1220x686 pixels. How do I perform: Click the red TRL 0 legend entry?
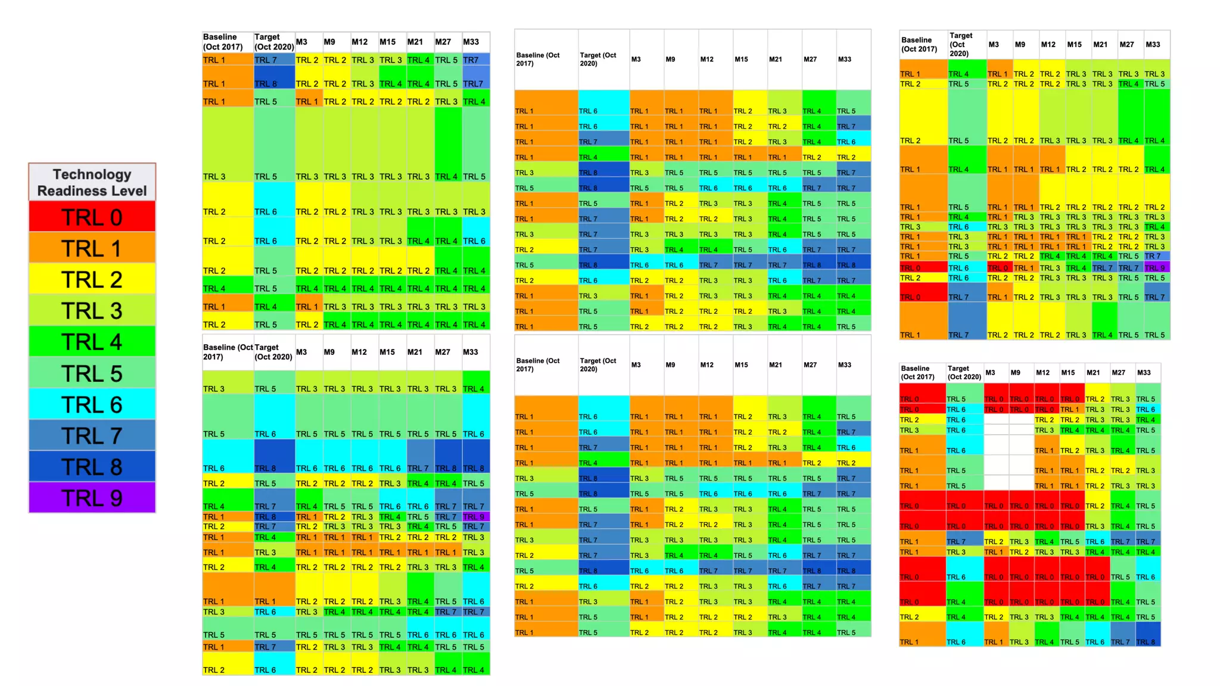[x=92, y=217]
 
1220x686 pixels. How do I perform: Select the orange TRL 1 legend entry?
[x=92, y=248]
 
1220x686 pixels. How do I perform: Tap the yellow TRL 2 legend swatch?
[x=92, y=279]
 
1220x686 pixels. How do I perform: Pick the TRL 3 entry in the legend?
[x=92, y=310]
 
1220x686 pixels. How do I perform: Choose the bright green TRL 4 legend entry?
[x=92, y=341]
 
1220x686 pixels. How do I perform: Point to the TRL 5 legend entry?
[x=92, y=373]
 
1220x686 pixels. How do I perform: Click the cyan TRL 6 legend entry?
[x=92, y=404]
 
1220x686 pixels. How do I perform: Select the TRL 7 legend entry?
[x=92, y=435]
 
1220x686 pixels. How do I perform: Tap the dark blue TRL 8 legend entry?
[x=92, y=466]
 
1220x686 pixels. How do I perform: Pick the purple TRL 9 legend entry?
[x=92, y=497]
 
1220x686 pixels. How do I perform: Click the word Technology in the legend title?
[x=92, y=174]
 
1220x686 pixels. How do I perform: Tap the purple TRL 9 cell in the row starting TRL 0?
[x=1156, y=267]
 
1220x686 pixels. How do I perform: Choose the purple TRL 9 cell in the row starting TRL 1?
[x=475, y=516]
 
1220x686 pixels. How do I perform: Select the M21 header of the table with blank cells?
[x=1093, y=372]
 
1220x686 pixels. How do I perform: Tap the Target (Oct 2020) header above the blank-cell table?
[x=963, y=372]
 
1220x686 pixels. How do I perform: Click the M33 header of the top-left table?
[x=471, y=42]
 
